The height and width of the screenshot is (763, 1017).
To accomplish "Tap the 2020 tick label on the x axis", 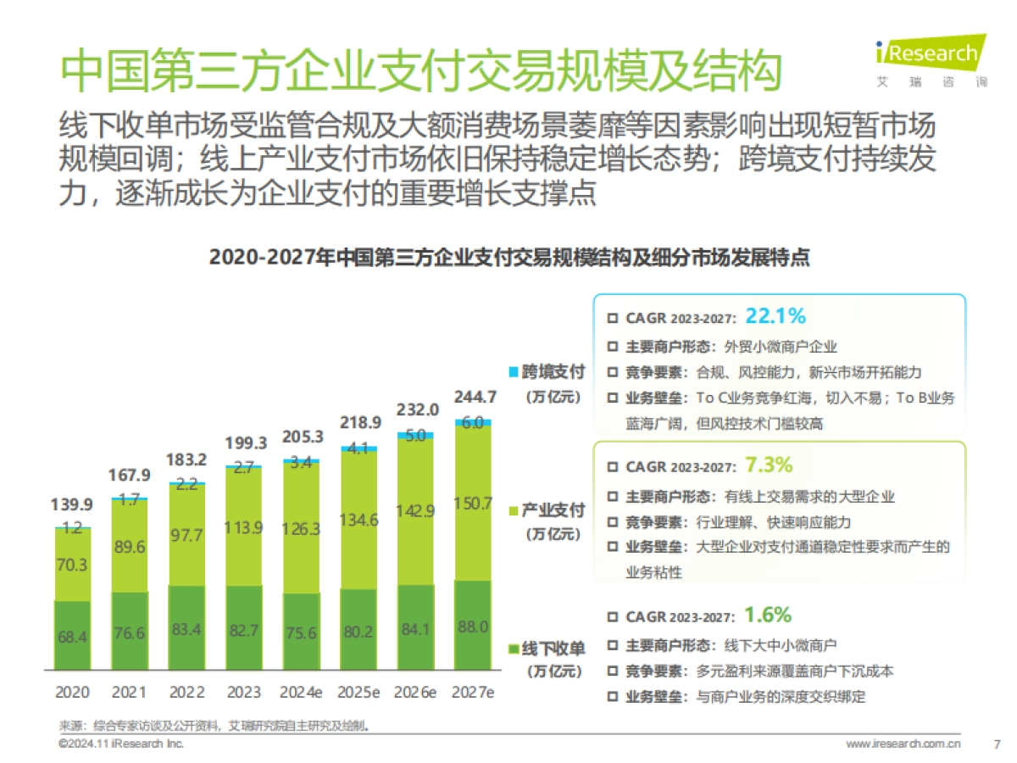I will click(x=72, y=691).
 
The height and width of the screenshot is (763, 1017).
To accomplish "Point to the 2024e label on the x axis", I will click(x=302, y=691).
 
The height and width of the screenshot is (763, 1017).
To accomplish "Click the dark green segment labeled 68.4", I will click(x=72, y=636).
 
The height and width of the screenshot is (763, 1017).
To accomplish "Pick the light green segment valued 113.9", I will click(x=244, y=526).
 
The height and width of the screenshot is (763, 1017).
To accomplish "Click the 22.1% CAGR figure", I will click(x=775, y=317).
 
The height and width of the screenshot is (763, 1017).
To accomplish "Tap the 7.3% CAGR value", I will click(x=768, y=465).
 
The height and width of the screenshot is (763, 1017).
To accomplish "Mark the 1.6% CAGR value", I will click(x=767, y=615).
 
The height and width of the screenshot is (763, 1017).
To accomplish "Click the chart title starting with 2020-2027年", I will click(x=508, y=258).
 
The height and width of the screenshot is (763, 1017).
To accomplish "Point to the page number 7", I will click(x=996, y=744).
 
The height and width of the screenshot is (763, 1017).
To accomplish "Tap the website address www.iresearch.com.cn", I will click(x=903, y=744).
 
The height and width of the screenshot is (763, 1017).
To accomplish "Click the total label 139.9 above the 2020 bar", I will click(x=72, y=506).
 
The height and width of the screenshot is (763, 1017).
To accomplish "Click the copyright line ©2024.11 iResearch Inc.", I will click(x=120, y=744).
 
